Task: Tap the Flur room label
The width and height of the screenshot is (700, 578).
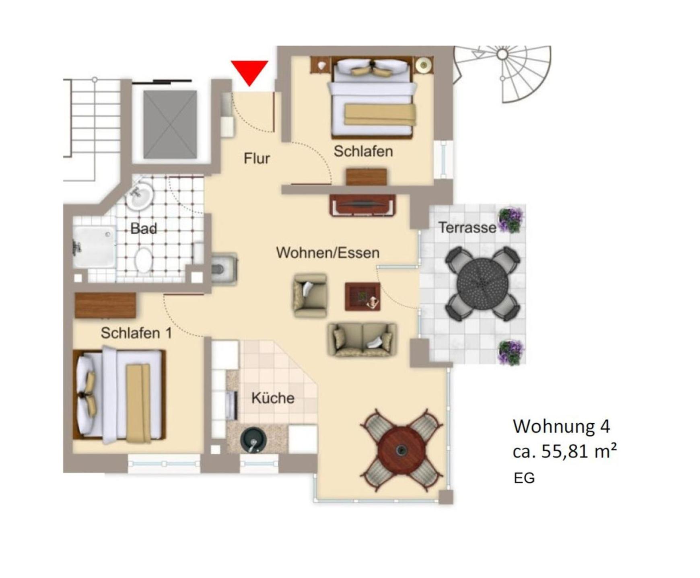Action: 257,158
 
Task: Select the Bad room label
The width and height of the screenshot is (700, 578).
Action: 144,228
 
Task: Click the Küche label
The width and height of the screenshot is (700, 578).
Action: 273,398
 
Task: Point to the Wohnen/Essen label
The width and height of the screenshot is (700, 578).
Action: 327,253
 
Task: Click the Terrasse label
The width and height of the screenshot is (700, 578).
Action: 467,227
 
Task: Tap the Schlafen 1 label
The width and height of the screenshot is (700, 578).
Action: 136,333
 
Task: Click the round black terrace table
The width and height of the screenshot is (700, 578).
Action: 482,284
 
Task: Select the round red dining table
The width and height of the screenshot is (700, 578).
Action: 401,450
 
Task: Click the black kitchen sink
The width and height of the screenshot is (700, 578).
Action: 253,440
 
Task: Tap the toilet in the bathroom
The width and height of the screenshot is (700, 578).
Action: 144,261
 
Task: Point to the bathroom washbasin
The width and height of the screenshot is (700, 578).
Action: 140,196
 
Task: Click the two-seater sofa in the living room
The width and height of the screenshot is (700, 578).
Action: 362,340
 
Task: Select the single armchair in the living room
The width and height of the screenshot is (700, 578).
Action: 310,296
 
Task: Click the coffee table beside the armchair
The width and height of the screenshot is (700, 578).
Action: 362,297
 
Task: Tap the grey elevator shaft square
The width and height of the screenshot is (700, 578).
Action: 170,124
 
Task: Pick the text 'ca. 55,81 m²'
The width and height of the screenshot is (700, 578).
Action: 565,451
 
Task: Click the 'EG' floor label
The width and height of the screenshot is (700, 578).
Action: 524,478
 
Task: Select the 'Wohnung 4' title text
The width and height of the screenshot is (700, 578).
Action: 562,426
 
